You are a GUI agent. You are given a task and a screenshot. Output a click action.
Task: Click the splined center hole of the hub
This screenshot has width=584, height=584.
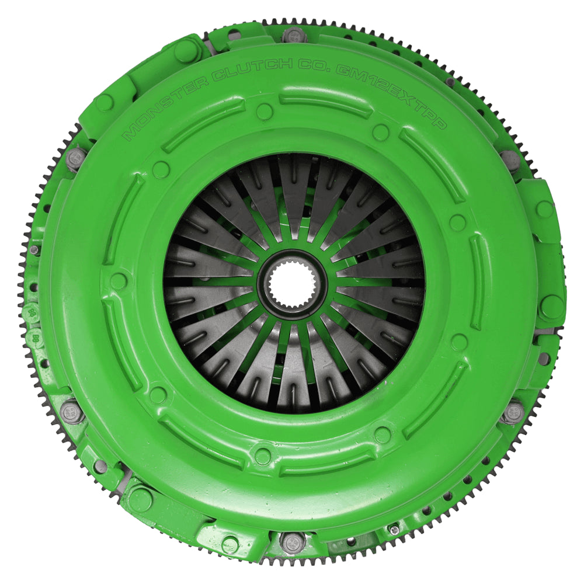click(x=292, y=286)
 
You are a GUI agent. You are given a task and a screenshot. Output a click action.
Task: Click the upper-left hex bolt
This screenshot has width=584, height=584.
click(x=75, y=158)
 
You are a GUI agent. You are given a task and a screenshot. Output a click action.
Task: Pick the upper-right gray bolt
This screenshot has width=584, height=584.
click(x=509, y=159)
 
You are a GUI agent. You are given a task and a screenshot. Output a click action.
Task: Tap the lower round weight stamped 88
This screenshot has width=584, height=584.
click(x=34, y=337)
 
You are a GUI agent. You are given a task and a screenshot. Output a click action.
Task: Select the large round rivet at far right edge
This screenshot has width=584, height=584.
click(x=551, y=305)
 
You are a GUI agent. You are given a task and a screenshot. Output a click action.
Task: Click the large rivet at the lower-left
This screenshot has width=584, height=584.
click(x=140, y=498)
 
